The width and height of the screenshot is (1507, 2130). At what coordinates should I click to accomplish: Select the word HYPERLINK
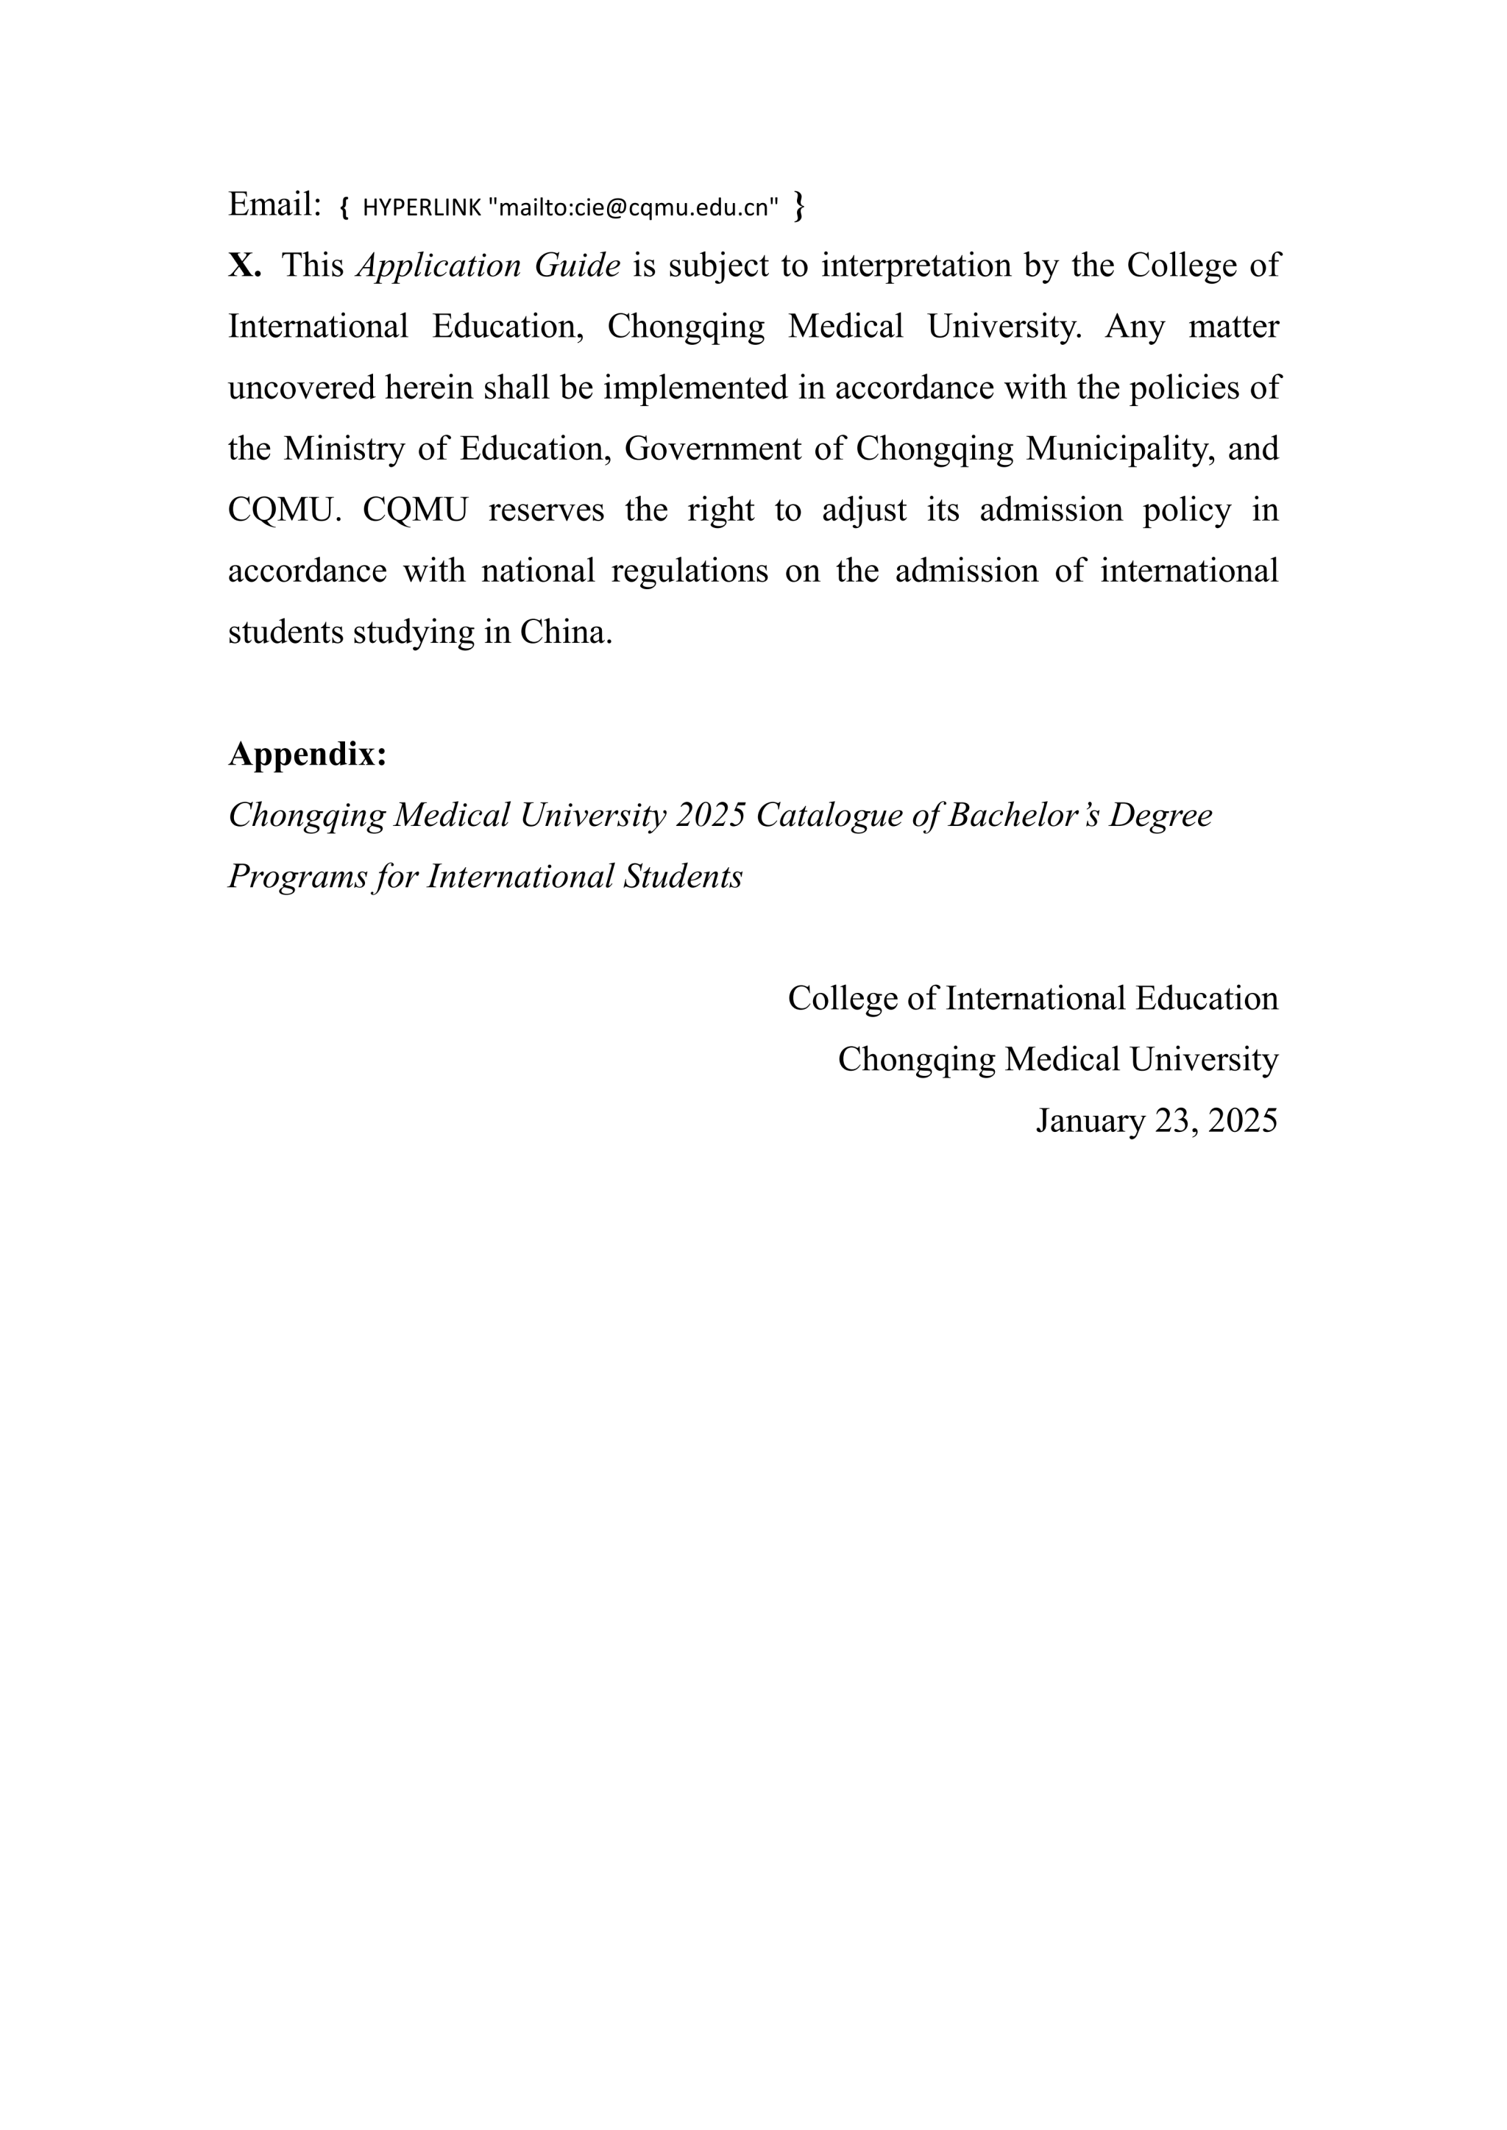422,208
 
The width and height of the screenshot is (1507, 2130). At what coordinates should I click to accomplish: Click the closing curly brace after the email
799,206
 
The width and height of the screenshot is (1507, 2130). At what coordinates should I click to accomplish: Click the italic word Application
439,266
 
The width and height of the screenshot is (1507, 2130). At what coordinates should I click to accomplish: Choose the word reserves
546,510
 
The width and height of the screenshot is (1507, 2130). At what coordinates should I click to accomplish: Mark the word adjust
864,510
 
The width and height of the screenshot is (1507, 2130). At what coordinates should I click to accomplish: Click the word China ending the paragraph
565,632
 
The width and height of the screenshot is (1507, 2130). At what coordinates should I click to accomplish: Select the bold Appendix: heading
307,754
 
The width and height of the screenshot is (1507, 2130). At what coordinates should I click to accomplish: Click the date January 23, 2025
1156,1121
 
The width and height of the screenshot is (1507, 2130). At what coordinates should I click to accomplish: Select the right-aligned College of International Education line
1033,998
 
